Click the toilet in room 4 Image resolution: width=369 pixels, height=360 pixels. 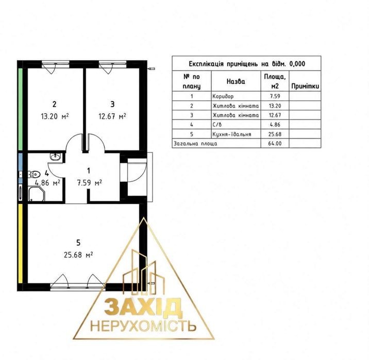click(34, 174)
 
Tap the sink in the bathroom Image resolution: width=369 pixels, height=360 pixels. click(56, 156)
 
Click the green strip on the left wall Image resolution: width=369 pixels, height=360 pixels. click(21, 109)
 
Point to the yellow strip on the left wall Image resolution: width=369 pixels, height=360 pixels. click(21, 244)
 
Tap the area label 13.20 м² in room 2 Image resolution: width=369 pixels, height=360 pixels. click(55, 116)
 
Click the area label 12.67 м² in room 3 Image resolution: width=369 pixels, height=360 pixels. click(112, 116)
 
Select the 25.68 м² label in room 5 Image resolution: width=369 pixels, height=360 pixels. click(78, 254)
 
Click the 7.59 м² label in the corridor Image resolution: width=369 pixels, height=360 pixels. click(90, 183)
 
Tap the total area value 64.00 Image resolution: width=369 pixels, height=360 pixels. click(275, 143)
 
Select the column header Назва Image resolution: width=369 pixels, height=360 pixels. click(236, 81)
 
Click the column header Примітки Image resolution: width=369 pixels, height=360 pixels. click(305, 86)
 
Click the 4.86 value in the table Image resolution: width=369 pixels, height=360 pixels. click(275, 125)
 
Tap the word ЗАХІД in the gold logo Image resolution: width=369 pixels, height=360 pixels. click(143, 307)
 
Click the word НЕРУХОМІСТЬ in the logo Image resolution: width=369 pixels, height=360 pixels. click(143, 327)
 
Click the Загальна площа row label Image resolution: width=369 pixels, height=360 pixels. click(195, 144)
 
